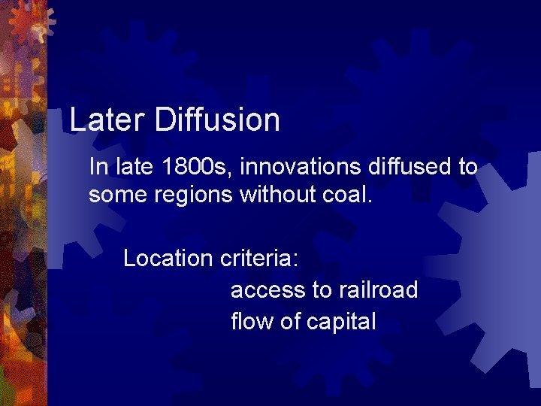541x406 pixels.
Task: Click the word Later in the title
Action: [x=106, y=120]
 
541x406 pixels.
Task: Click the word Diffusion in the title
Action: [x=217, y=120]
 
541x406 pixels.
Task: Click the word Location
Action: [x=168, y=259]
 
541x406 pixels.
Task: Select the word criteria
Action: [x=259, y=259]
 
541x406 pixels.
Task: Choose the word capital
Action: [x=341, y=322]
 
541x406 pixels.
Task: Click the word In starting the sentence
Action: [x=97, y=166]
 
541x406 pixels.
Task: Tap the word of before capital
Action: [x=290, y=322]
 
